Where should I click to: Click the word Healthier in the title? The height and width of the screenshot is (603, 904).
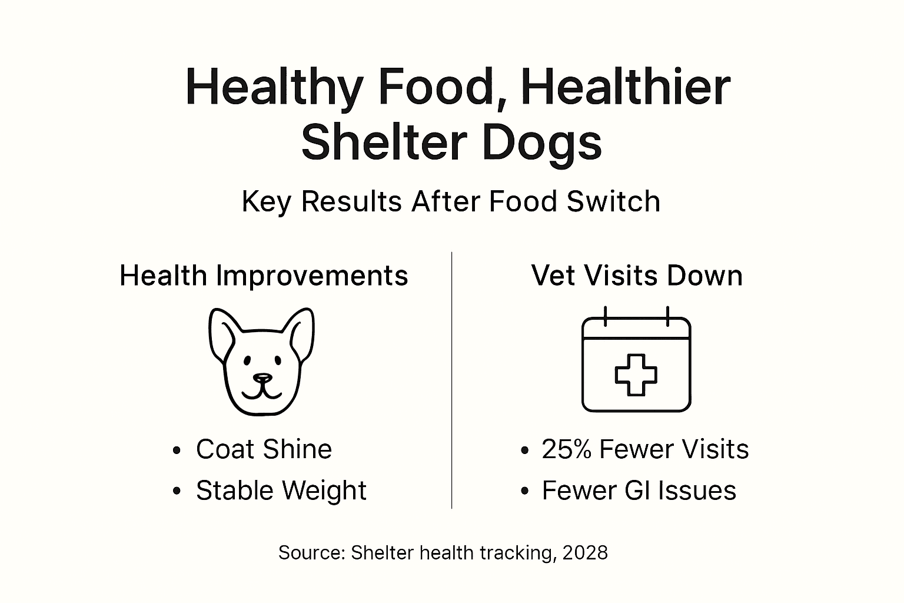pyautogui.click(x=625, y=87)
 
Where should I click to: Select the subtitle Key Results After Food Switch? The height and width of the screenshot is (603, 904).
pyautogui.click(x=451, y=201)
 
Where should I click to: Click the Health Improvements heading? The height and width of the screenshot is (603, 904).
pyautogui.click(x=264, y=276)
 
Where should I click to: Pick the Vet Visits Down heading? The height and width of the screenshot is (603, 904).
pyautogui.click(x=637, y=276)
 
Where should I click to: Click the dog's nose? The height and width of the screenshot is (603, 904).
pyautogui.click(x=262, y=378)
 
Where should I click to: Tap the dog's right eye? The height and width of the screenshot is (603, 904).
pyautogui.click(x=276, y=360)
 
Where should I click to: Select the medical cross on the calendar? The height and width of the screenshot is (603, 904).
pyautogui.click(x=636, y=375)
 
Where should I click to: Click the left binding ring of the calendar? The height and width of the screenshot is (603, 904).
pyautogui.click(x=605, y=316)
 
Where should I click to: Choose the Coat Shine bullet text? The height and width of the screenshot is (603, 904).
pyautogui.click(x=264, y=449)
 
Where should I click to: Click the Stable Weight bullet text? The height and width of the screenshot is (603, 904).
pyautogui.click(x=281, y=491)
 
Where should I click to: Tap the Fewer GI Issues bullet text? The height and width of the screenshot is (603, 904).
pyautogui.click(x=639, y=491)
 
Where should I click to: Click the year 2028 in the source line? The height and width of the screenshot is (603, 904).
pyautogui.click(x=585, y=553)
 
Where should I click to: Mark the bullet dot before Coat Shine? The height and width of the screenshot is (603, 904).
pyautogui.click(x=177, y=451)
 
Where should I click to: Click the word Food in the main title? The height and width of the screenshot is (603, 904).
pyautogui.click(x=434, y=87)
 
